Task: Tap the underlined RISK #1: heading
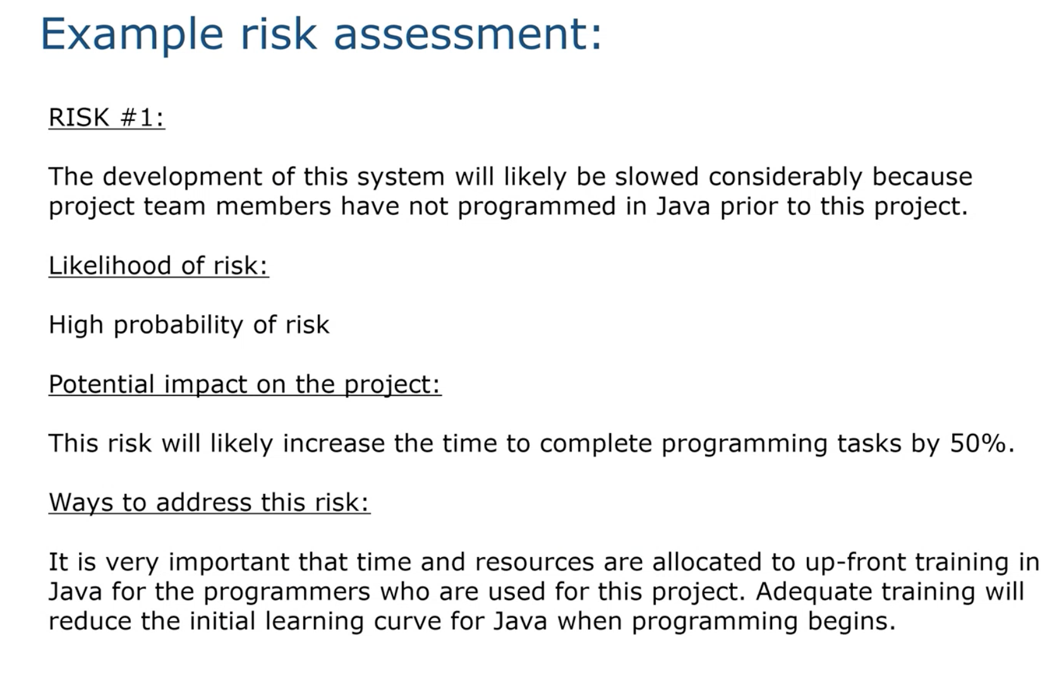(x=107, y=117)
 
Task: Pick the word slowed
(x=656, y=176)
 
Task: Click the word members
(x=273, y=207)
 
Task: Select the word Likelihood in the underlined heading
(x=110, y=265)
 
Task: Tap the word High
(x=76, y=324)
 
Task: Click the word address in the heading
(x=203, y=503)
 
